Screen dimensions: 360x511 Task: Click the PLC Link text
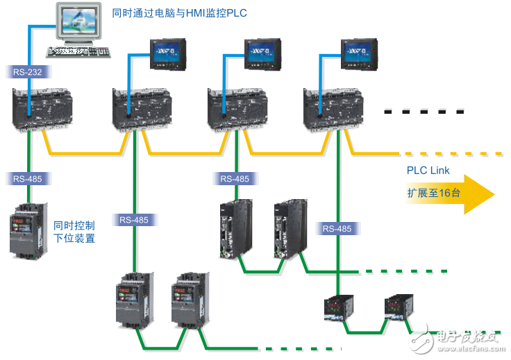(x=428, y=171)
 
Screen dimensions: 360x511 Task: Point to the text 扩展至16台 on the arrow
(x=433, y=194)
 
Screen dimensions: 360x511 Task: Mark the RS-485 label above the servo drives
(x=235, y=179)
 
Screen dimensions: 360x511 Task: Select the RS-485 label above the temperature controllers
(x=337, y=228)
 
